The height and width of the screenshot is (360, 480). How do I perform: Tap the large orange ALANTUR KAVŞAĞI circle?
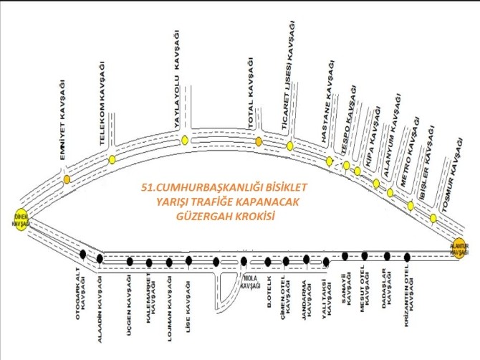(x=459, y=247)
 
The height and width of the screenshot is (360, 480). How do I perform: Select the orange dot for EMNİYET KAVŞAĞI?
(x=67, y=179)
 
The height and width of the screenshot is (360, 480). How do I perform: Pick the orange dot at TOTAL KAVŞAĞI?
(x=259, y=141)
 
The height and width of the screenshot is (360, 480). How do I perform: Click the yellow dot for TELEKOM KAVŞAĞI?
(x=112, y=159)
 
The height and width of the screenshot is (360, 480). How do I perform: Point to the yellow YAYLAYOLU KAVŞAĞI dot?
(x=185, y=141)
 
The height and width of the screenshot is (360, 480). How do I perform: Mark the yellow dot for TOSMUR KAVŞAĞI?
(x=433, y=218)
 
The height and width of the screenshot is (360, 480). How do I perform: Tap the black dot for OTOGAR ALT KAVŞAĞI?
(x=83, y=253)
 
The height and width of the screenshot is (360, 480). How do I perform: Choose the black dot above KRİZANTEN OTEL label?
(x=408, y=257)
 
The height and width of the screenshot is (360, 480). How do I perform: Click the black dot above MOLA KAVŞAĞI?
(x=244, y=261)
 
